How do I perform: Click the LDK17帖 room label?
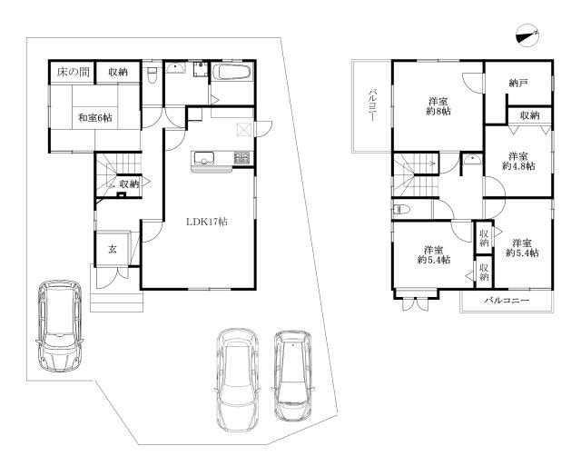[x=206, y=222]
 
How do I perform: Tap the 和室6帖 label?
[x=94, y=118]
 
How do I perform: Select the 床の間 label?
[x=73, y=72]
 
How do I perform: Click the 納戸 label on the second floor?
[x=518, y=84]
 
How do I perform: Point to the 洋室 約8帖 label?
[x=438, y=105]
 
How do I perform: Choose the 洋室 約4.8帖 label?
[x=518, y=161]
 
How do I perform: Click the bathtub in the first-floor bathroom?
[x=232, y=71]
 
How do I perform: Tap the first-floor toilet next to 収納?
[x=152, y=75]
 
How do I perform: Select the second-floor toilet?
[x=400, y=210]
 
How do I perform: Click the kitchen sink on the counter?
[x=202, y=159]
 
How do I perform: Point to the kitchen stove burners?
[x=242, y=158]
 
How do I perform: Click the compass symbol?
[x=527, y=36]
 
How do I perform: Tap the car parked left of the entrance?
[x=59, y=325]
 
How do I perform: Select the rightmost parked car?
[x=293, y=375]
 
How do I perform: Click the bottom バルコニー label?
[x=507, y=301]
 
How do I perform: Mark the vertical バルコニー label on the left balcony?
[x=372, y=104]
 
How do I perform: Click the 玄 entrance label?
[x=113, y=249]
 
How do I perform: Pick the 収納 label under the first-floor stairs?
[x=129, y=183]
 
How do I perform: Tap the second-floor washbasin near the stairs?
[x=472, y=160]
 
